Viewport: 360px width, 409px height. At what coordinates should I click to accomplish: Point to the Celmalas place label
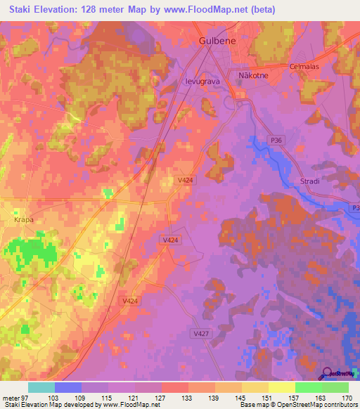coord(304,67)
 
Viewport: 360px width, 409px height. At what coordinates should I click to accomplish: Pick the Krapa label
coord(23,219)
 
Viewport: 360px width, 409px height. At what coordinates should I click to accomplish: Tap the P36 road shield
coord(276,141)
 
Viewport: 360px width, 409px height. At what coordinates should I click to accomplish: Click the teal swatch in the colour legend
coord(41,387)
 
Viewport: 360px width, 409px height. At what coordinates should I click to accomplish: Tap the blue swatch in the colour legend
coord(68,387)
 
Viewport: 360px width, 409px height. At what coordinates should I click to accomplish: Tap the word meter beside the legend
coord(11,398)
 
